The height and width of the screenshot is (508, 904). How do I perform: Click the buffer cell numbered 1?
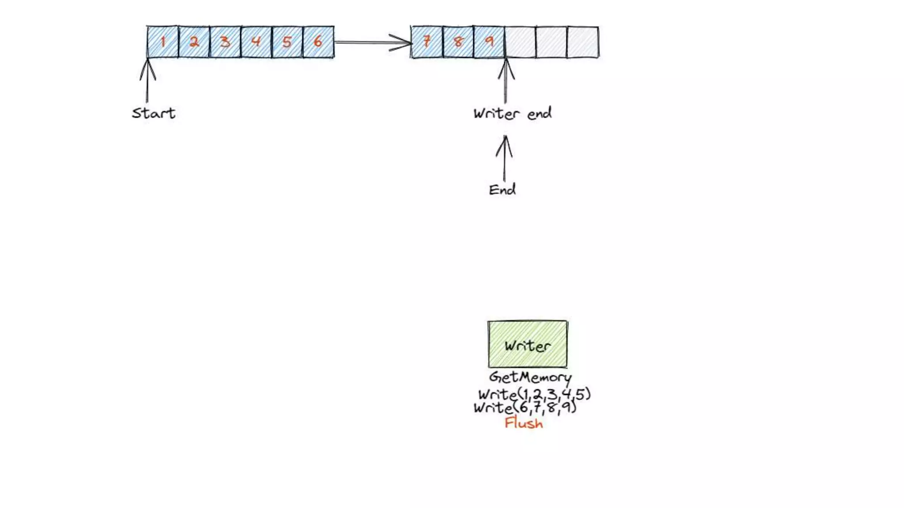(x=162, y=42)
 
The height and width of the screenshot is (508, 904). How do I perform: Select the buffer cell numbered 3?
(x=225, y=42)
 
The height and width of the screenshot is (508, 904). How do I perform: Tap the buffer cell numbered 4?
(x=256, y=42)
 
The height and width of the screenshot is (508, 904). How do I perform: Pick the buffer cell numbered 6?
(x=318, y=42)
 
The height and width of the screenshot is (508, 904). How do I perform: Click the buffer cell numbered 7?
(x=427, y=42)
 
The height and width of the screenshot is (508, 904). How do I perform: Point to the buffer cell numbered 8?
(x=458, y=42)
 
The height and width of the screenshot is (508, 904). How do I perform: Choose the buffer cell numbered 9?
(x=489, y=42)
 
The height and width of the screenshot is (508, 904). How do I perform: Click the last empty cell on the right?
(x=583, y=42)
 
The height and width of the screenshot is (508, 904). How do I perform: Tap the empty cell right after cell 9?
(x=520, y=42)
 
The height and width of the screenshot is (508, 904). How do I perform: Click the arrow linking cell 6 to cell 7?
(x=373, y=42)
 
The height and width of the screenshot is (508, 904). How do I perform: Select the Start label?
(x=154, y=113)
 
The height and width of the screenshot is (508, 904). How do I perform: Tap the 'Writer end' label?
(x=512, y=114)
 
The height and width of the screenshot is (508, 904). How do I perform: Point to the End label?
(x=502, y=190)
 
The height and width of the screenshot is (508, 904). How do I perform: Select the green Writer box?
(x=527, y=344)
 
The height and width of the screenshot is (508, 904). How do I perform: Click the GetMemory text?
(x=530, y=377)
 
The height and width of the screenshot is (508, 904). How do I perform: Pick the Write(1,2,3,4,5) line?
(x=534, y=394)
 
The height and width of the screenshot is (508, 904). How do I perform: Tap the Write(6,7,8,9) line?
(x=525, y=407)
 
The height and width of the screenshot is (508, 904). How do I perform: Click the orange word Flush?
(x=524, y=423)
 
